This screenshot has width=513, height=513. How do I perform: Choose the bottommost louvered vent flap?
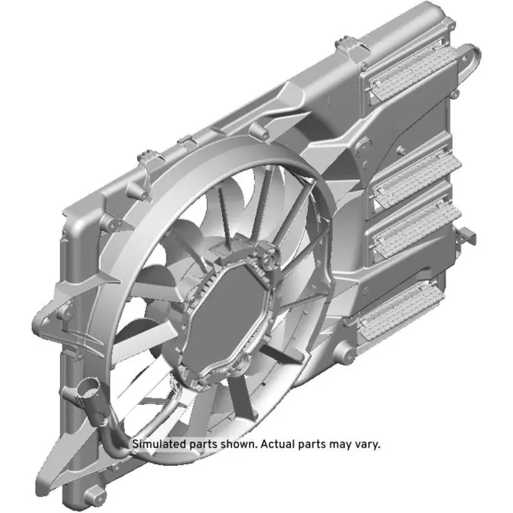pyautogui.click(x=402, y=308)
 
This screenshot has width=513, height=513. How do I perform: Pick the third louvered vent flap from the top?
pyautogui.click(x=414, y=224)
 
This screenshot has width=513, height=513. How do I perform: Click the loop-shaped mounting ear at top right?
pyautogui.click(x=471, y=61)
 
